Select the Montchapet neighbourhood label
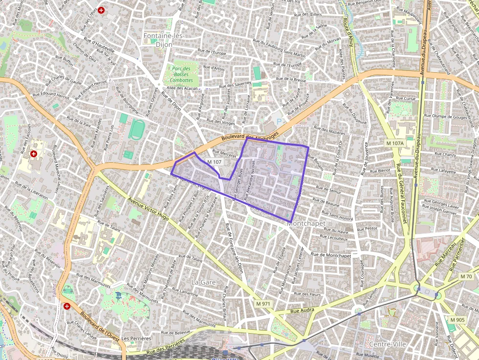[x=306, y=223]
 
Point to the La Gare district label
[x=203, y=282]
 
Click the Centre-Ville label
[x=388, y=344]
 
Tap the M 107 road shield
[x=214, y=162]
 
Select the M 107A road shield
[x=394, y=143]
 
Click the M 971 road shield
[x=263, y=304]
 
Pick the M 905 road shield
[x=458, y=320]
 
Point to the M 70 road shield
[x=466, y=276]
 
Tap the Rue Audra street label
[x=302, y=310]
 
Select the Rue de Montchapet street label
[x=331, y=255]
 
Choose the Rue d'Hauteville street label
[x=99, y=44]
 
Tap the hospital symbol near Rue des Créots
[x=101, y=10]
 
